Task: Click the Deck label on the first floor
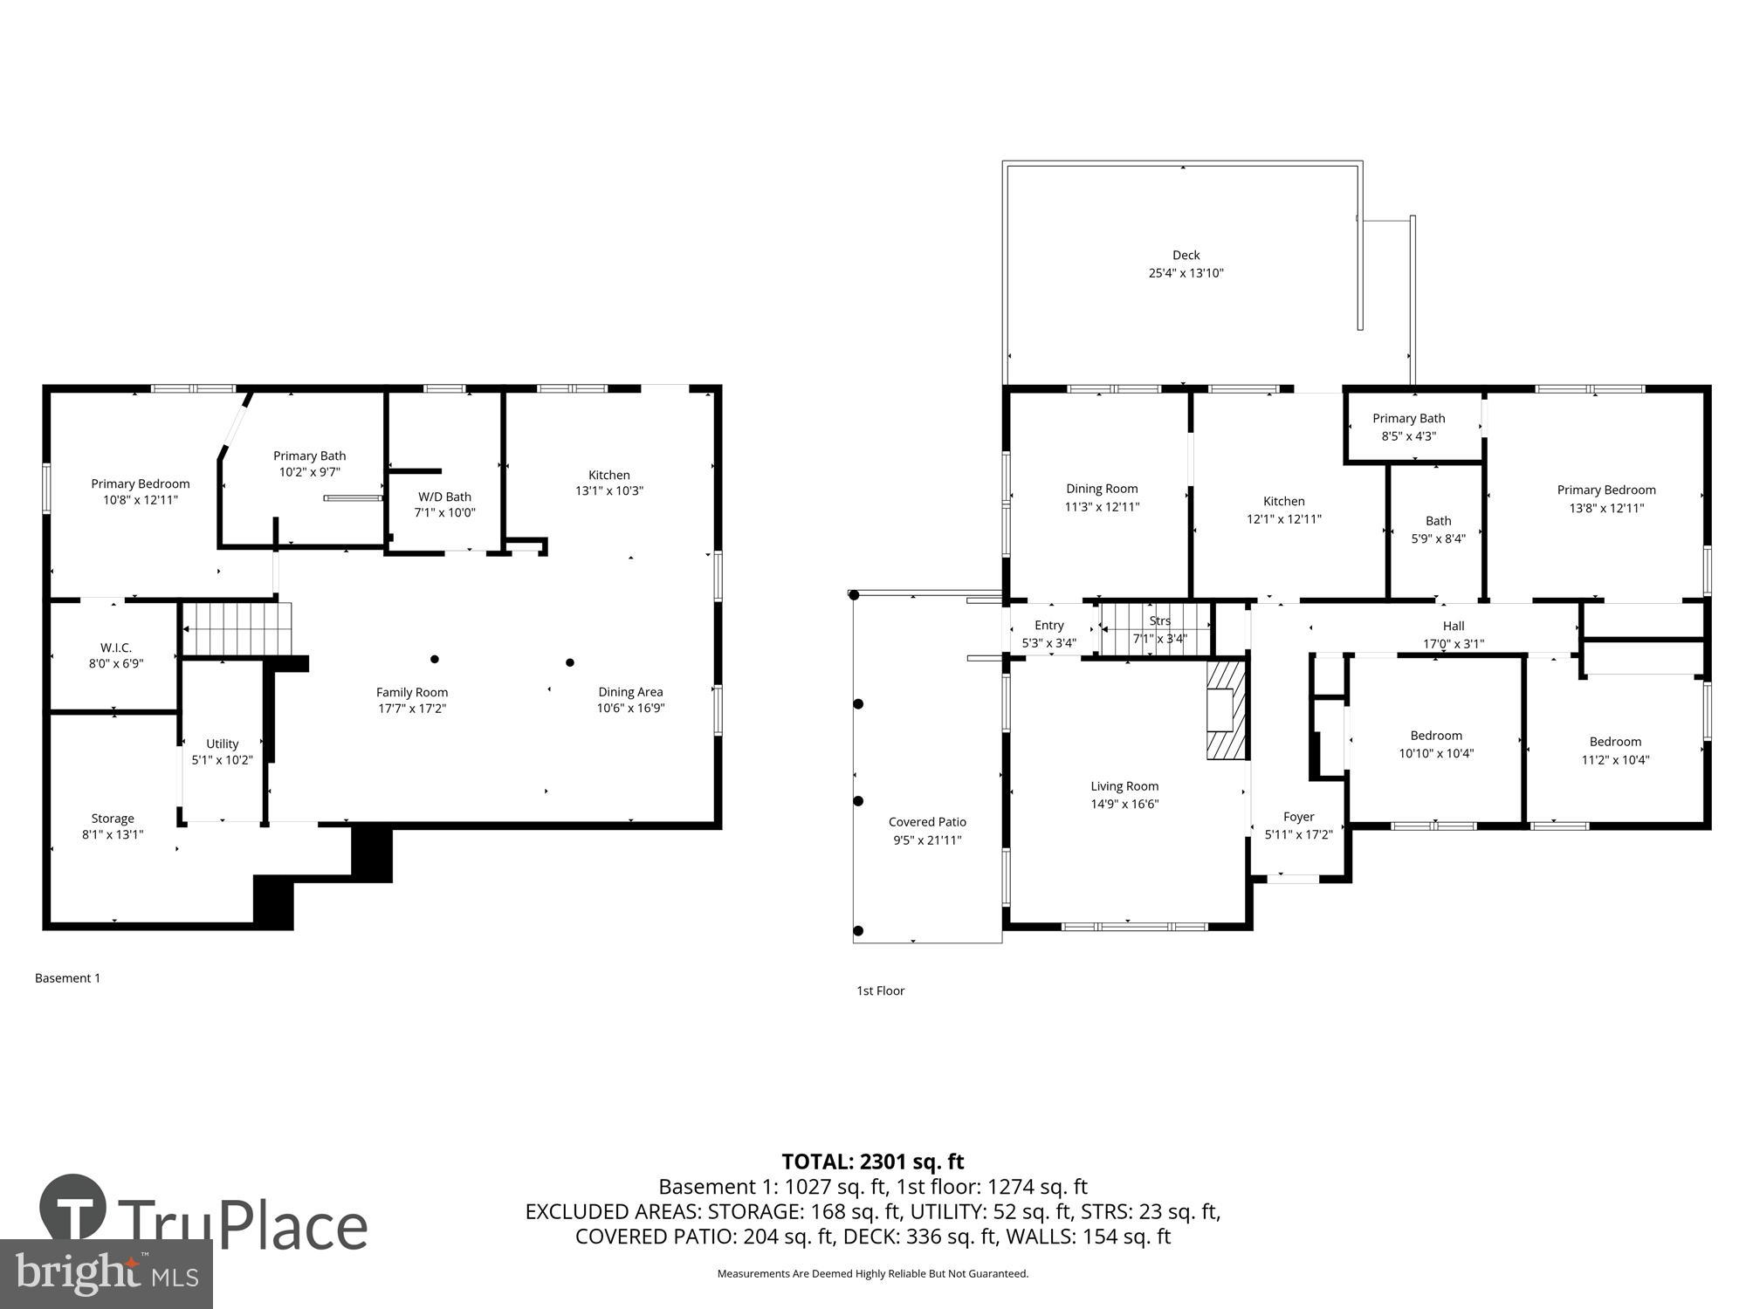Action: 1186,255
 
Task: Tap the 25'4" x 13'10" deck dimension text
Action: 1186,273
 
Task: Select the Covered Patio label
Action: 927,822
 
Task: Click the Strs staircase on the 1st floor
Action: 1154,629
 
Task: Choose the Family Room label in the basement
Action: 412,692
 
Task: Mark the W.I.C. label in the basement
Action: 115,648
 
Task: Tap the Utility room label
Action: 222,744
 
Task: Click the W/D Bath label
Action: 444,497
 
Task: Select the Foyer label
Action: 1298,817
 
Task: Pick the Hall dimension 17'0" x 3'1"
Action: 1453,644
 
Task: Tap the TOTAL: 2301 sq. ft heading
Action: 872,1162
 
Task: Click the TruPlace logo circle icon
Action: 73,1208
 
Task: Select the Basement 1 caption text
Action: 67,978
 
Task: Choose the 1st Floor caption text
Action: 880,990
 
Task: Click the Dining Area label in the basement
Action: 630,692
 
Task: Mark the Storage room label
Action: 113,819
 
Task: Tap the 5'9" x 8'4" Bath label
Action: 1438,521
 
